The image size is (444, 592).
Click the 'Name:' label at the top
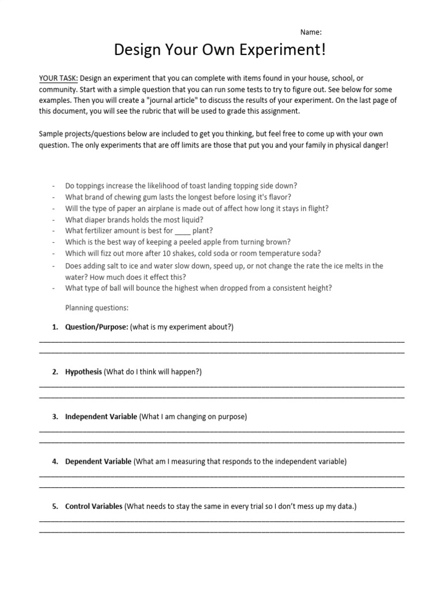(x=311, y=32)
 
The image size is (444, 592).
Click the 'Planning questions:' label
(x=97, y=308)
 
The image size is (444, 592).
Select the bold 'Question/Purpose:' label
(x=97, y=327)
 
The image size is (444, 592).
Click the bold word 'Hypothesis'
(x=83, y=372)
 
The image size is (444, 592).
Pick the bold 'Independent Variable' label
(x=101, y=416)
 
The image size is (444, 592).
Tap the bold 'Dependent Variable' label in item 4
(x=98, y=461)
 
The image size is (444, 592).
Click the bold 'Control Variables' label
(x=94, y=506)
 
